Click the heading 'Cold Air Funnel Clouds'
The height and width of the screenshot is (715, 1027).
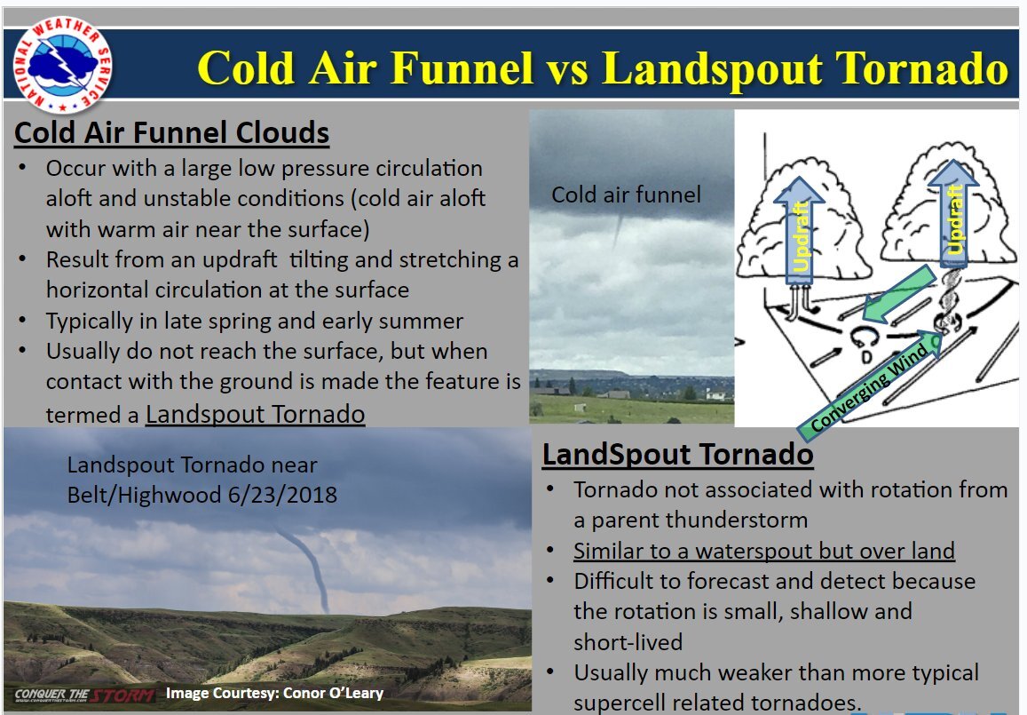coord(171,132)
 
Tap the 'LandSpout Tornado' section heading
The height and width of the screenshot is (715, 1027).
coord(678,454)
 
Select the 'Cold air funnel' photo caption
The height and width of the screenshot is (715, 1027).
coord(626,195)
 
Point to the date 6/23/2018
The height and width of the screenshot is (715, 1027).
coord(282,494)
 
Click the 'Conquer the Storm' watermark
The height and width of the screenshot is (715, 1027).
coord(84,695)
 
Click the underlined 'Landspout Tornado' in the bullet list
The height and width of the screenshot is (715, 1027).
coord(255,414)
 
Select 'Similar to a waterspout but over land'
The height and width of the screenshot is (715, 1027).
coord(764,551)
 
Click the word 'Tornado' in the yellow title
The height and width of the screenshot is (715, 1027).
coord(921,68)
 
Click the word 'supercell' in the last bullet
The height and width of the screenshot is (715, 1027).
coord(620,703)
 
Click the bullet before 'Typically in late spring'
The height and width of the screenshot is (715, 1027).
coord(22,321)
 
